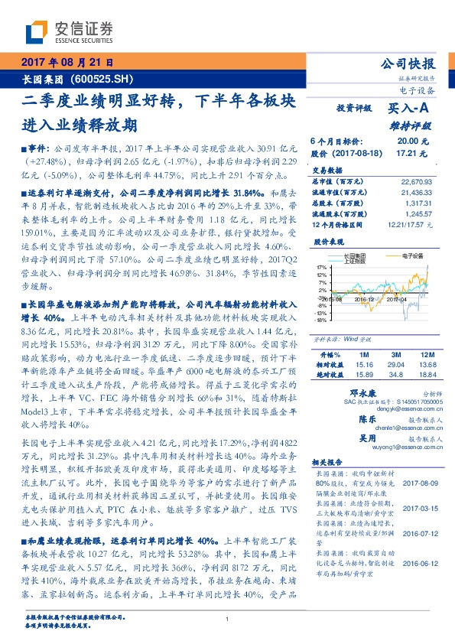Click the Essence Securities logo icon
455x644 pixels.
pos(37,32)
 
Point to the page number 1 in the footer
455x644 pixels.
pos(228,620)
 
